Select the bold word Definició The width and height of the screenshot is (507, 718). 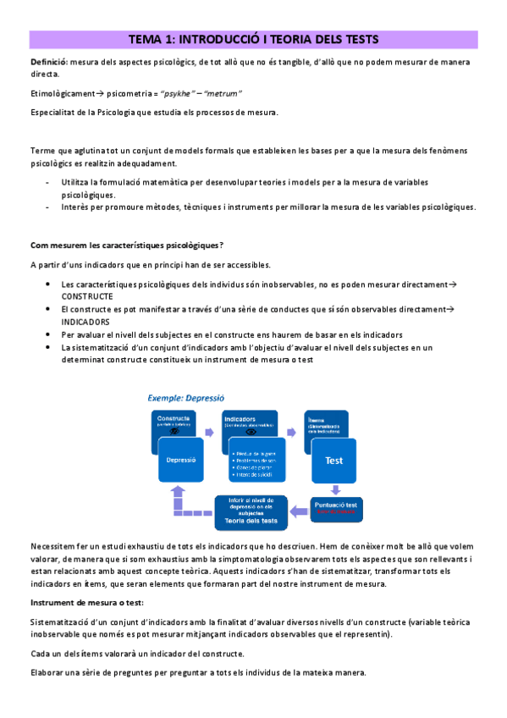click(50, 62)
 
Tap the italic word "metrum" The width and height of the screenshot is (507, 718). click(223, 93)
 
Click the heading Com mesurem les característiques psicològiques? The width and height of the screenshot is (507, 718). click(127, 246)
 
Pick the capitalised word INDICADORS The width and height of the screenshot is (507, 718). click(86, 322)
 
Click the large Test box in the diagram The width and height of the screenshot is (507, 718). click(333, 461)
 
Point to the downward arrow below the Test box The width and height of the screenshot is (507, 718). click(336, 489)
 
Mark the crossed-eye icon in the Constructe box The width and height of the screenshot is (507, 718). click(174, 431)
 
